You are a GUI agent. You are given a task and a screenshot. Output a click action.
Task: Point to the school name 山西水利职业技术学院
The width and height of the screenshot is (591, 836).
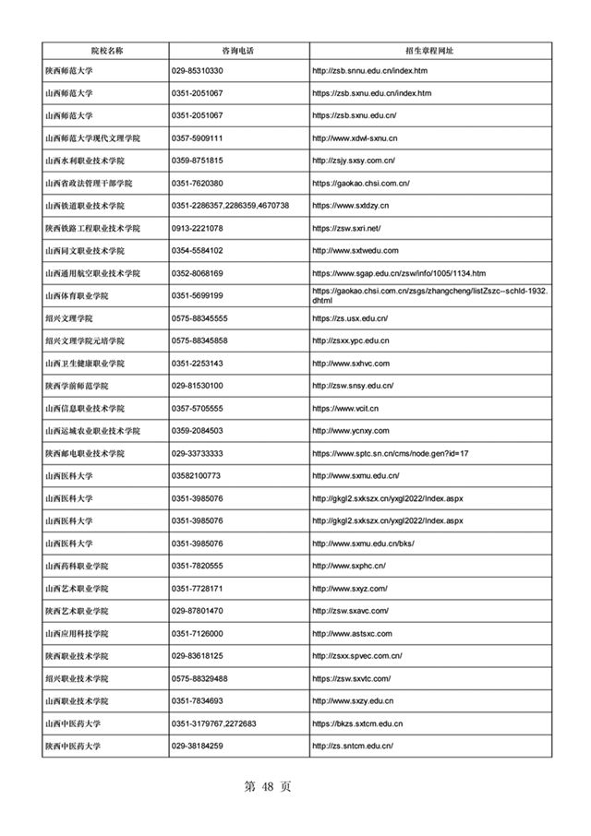(90, 161)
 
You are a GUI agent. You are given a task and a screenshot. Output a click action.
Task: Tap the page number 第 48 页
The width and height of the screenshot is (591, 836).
(267, 787)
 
